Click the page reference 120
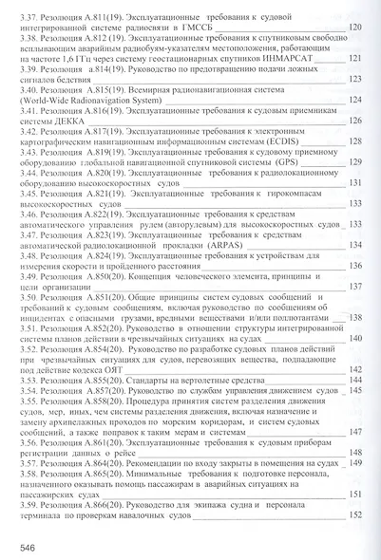click(355, 28)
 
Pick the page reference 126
click(355, 121)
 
